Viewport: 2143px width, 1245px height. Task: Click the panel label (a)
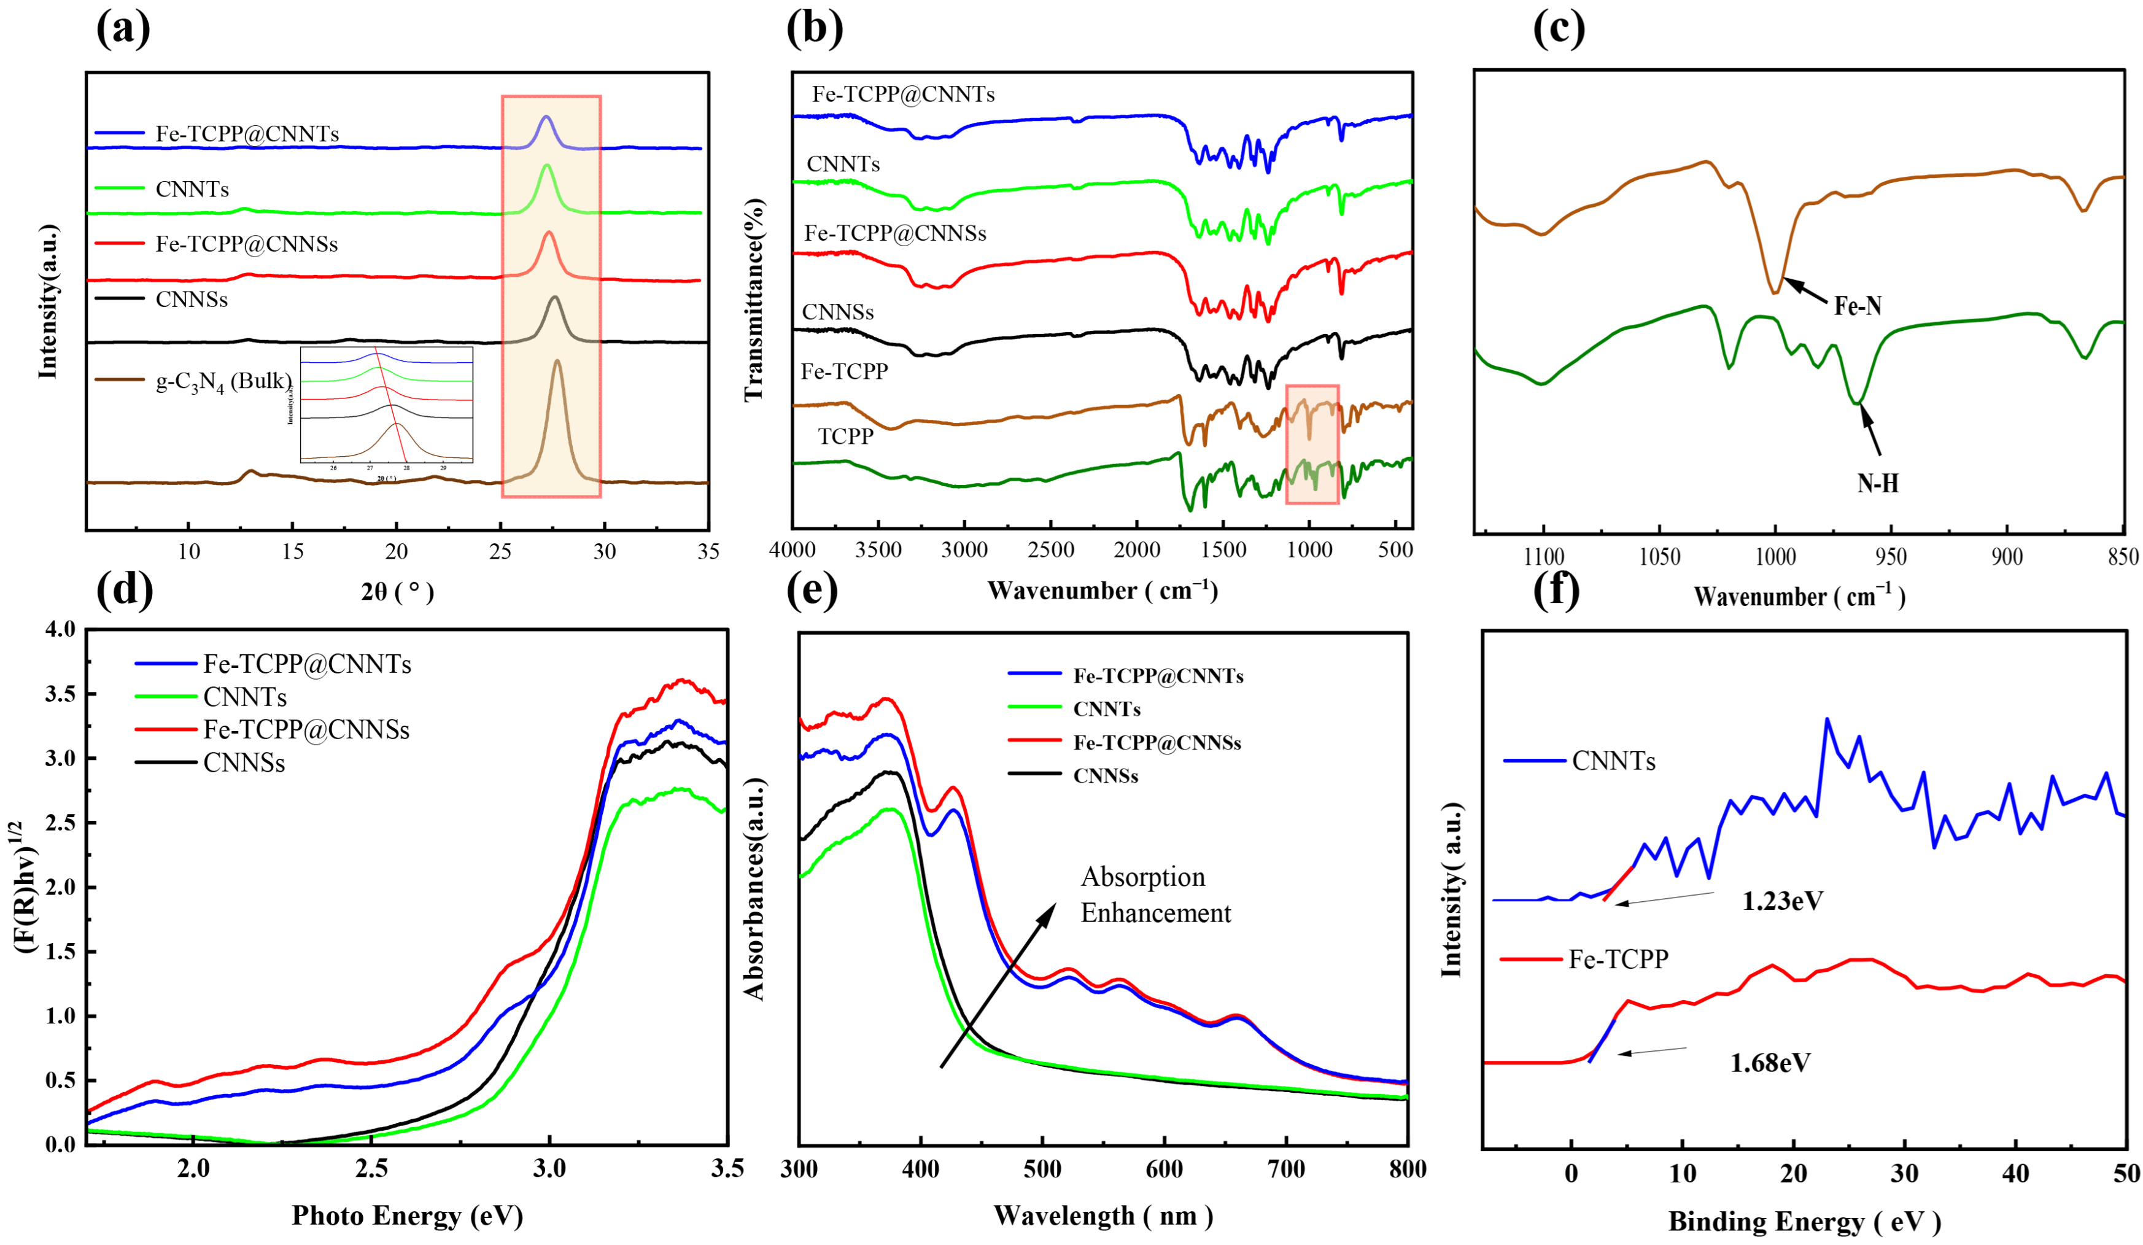[123, 29]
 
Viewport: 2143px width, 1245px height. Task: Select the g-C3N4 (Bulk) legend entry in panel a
[223, 381]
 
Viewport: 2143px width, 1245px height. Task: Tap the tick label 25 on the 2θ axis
[501, 552]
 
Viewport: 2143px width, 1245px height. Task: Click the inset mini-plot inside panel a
[386, 405]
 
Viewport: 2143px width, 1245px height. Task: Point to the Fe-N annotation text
[1858, 306]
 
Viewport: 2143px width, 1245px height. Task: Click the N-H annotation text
[1878, 484]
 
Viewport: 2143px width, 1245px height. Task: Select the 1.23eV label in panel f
[1783, 901]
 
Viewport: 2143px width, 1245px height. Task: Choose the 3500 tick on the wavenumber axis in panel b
[878, 550]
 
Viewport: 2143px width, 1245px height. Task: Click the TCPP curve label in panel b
[845, 436]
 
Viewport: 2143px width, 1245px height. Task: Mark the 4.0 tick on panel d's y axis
[60, 630]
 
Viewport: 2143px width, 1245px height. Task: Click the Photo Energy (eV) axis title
[408, 1216]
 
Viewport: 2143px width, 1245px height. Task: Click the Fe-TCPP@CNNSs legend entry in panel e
[1157, 742]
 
